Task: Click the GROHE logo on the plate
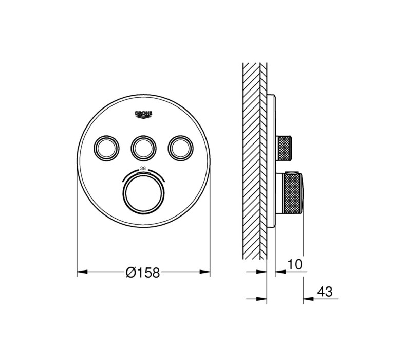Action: pyautogui.click(x=143, y=115)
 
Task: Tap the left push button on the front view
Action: pyautogui.click(x=106, y=148)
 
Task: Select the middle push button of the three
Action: pyautogui.click(x=143, y=148)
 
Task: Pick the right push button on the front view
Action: pyautogui.click(x=181, y=148)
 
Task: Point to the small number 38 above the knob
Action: pyautogui.click(x=143, y=169)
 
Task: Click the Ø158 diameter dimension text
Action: pyautogui.click(x=143, y=273)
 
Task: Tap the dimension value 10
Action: pyautogui.click(x=295, y=264)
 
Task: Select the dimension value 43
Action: pyautogui.click(x=325, y=292)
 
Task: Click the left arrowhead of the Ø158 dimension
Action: pyautogui.click(x=82, y=272)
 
